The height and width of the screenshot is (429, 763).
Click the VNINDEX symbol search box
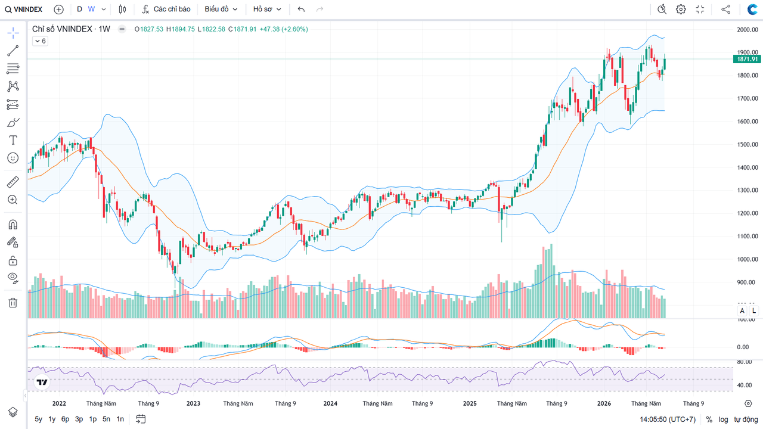click(x=23, y=9)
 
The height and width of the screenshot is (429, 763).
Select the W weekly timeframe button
click(x=91, y=9)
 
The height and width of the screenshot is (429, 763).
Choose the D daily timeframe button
click(x=79, y=9)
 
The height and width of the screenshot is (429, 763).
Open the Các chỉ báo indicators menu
click(x=166, y=9)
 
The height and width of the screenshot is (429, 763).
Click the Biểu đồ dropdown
click(x=221, y=9)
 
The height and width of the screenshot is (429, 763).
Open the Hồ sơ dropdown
click(x=266, y=9)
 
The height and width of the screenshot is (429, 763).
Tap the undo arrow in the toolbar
click(x=301, y=9)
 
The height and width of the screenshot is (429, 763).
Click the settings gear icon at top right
click(x=681, y=9)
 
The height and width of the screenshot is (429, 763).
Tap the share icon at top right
click(x=725, y=9)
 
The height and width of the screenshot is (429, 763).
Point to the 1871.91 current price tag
click(x=747, y=59)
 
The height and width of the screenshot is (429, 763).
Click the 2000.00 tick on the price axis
click(x=748, y=30)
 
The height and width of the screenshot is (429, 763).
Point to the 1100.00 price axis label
click(x=748, y=237)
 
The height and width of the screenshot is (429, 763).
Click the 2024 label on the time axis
click(x=330, y=403)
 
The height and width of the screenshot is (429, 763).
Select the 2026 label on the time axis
click(x=604, y=403)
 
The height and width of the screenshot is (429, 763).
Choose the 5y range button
click(x=39, y=419)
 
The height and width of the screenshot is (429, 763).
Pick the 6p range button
click(x=65, y=419)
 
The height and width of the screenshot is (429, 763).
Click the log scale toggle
click(x=723, y=419)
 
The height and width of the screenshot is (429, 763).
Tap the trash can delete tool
click(x=13, y=303)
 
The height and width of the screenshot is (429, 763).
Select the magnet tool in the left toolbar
click(x=13, y=225)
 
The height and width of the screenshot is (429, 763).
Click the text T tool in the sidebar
click(x=13, y=140)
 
